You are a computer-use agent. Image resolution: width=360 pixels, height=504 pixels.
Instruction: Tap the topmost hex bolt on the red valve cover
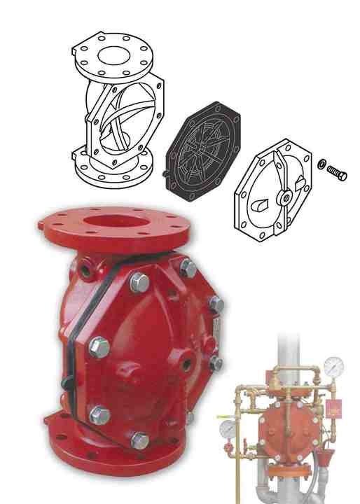point(188,267)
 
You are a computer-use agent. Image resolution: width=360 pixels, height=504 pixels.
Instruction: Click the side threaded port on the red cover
point(187,365)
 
